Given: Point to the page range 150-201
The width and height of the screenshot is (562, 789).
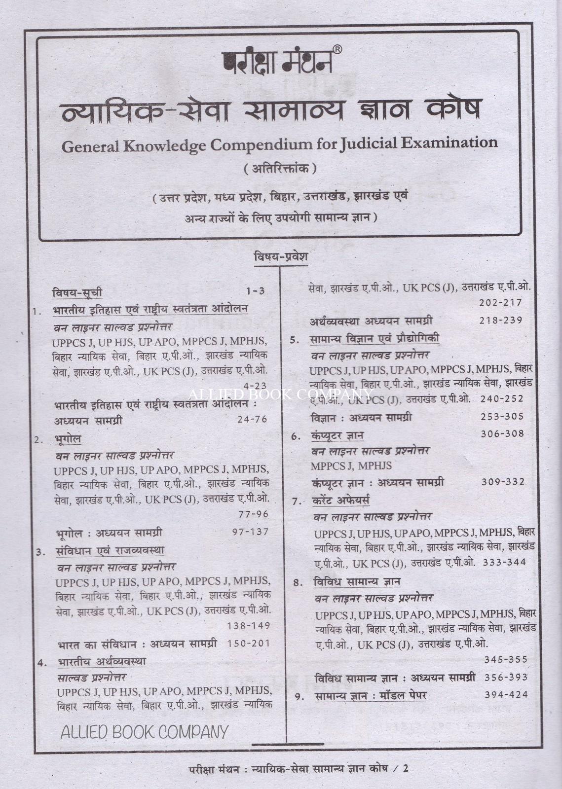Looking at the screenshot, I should (x=249, y=644).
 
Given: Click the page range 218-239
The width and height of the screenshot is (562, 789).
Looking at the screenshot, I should (x=500, y=320).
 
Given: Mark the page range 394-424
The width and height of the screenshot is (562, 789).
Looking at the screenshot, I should (x=506, y=695).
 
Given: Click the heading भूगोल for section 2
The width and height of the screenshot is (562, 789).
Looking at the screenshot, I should (x=69, y=439).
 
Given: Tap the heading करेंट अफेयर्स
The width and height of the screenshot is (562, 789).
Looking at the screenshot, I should (x=341, y=501).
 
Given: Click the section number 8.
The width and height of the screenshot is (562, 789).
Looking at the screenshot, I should (x=298, y=582).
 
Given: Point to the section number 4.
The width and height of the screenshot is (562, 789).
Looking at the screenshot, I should (x=42, y=662).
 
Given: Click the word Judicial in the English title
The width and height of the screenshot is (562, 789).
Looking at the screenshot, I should (x=368, y=144).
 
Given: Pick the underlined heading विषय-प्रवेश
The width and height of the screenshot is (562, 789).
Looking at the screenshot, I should (x=281, y=257).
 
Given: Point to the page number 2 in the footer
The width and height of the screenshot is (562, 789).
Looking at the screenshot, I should (x=407, y=768).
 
